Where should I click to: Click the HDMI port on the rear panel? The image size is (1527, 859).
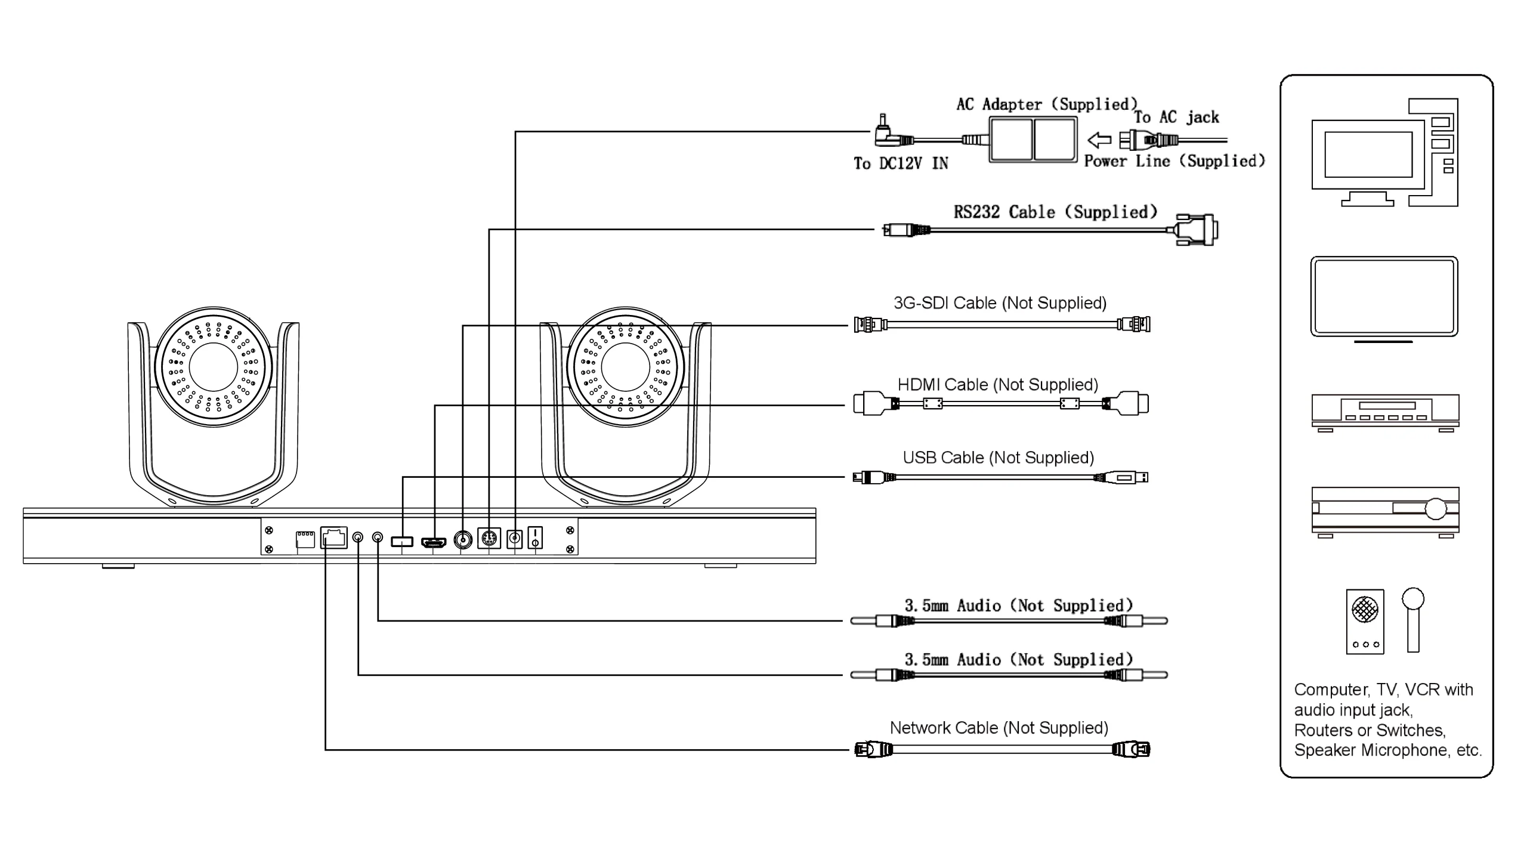click(x=434, y=542)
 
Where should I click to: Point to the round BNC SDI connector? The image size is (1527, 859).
click(x=463, y=539)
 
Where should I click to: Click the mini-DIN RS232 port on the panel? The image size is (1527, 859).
click(x=489, y=539)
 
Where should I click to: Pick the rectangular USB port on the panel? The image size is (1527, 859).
click(x=402, y=541)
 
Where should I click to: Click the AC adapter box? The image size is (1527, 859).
click(x=1033, y=140)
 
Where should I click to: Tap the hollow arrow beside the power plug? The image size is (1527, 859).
click(x=1099, y=141)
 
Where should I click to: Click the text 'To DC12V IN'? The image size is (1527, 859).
click(x=901, y=163)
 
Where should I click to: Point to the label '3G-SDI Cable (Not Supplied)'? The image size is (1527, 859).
click(x=1000, y=303)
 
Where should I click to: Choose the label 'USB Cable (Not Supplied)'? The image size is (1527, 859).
click(x=998, y=458)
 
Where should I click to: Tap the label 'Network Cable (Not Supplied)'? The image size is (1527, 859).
click(x=999, y=728)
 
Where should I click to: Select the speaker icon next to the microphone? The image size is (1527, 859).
click(x=1365, y=621)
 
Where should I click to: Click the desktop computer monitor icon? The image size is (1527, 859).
click(x=1368, y=155)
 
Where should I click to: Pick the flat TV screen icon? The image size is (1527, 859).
click(x=1384, y=296)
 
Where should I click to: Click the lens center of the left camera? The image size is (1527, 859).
click(x=214, y=367)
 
